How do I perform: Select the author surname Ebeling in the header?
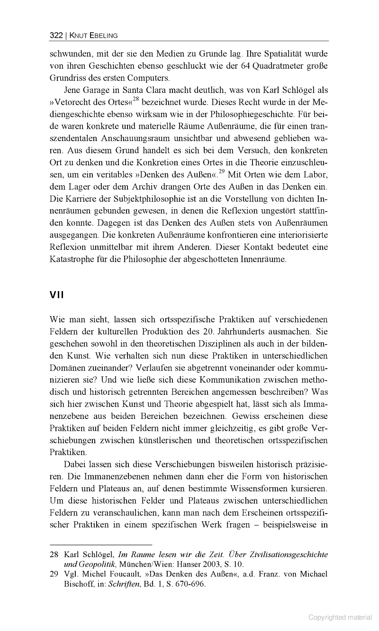tap(101, 35)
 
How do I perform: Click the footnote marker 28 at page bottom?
tap(54, 554)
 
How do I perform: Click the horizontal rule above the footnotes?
tap(100, 544)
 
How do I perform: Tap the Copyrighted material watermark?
tap(340, 617)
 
